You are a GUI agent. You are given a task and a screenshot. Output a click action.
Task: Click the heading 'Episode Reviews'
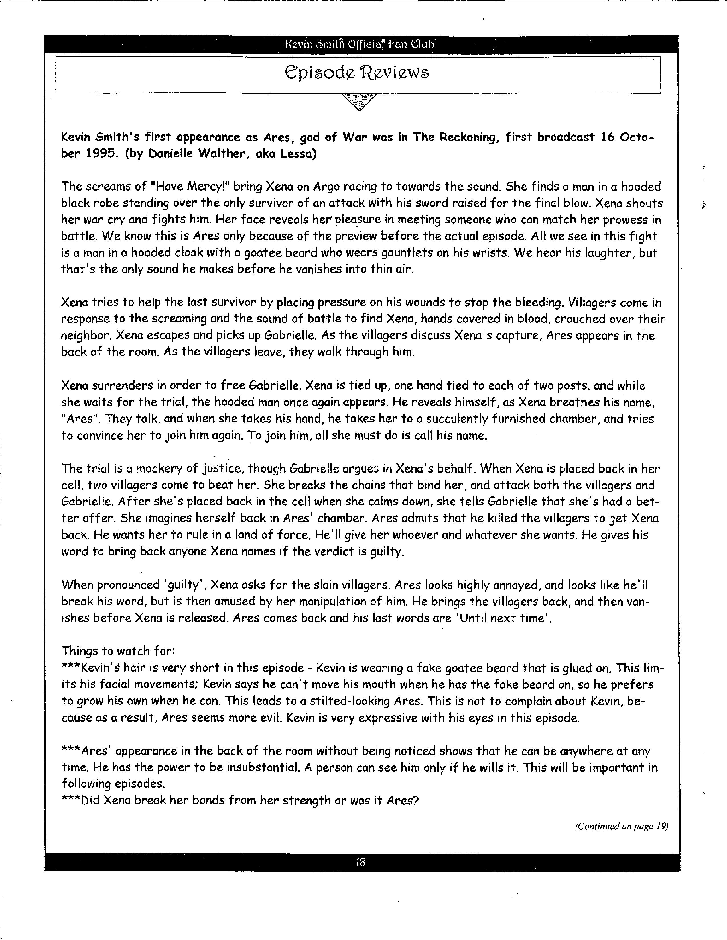(x=357, y=72)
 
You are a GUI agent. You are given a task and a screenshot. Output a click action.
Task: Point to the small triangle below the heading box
(x=359, y=102)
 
